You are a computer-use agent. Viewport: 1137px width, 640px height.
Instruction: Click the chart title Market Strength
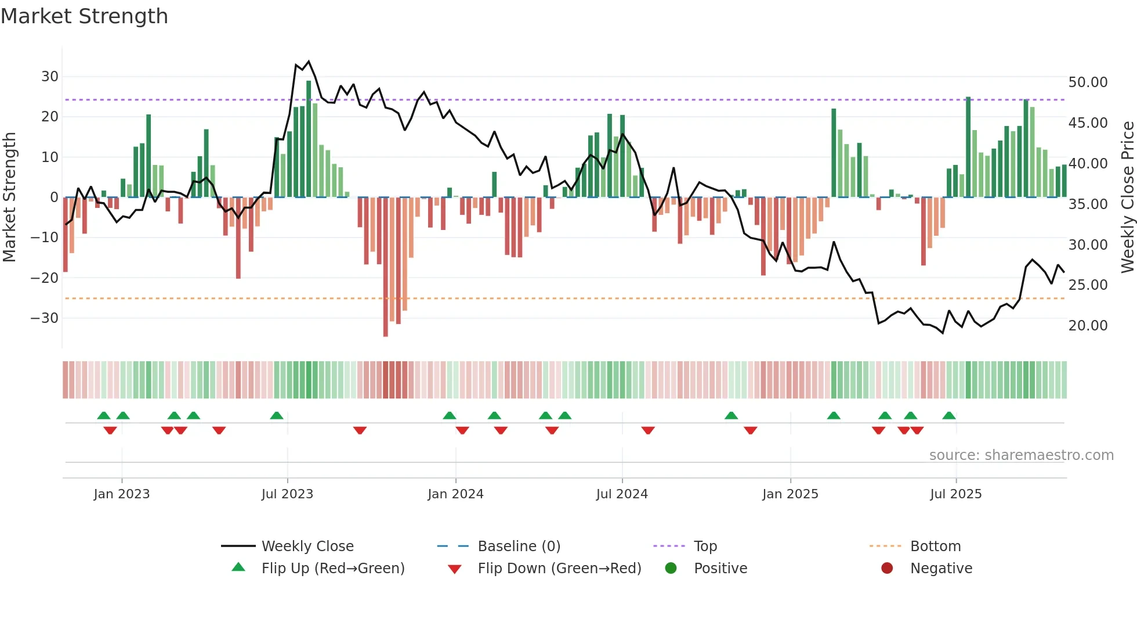84,16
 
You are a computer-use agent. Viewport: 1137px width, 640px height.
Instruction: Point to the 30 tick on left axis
50,77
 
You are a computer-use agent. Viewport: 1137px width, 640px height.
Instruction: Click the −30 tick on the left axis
45,318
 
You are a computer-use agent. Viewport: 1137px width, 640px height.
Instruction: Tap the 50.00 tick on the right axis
1088,82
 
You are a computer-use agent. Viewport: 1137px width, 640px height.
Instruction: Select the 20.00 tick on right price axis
1088,326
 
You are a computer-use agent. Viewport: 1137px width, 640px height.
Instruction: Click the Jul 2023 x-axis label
287,494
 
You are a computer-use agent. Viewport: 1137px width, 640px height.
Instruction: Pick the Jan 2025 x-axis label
790,494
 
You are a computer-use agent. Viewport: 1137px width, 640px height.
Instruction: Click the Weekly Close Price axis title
1127,197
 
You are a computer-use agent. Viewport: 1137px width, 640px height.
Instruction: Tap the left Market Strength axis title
10,197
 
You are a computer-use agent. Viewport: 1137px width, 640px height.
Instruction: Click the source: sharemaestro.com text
1021,455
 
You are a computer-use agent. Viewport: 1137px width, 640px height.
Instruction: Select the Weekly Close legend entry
307,546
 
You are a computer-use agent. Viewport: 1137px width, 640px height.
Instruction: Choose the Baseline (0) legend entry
519,546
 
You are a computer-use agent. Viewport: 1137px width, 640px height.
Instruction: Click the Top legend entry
705,546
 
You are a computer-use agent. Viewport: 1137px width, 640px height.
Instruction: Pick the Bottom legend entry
935,546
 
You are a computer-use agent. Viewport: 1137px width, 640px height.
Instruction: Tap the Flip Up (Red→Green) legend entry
332,569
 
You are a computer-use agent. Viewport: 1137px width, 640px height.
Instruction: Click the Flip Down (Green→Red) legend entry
559,569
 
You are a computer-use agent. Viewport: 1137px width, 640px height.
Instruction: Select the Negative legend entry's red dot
887,569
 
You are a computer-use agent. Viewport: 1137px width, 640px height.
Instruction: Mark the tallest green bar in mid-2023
309,139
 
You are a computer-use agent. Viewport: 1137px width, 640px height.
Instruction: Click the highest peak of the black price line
309,62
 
